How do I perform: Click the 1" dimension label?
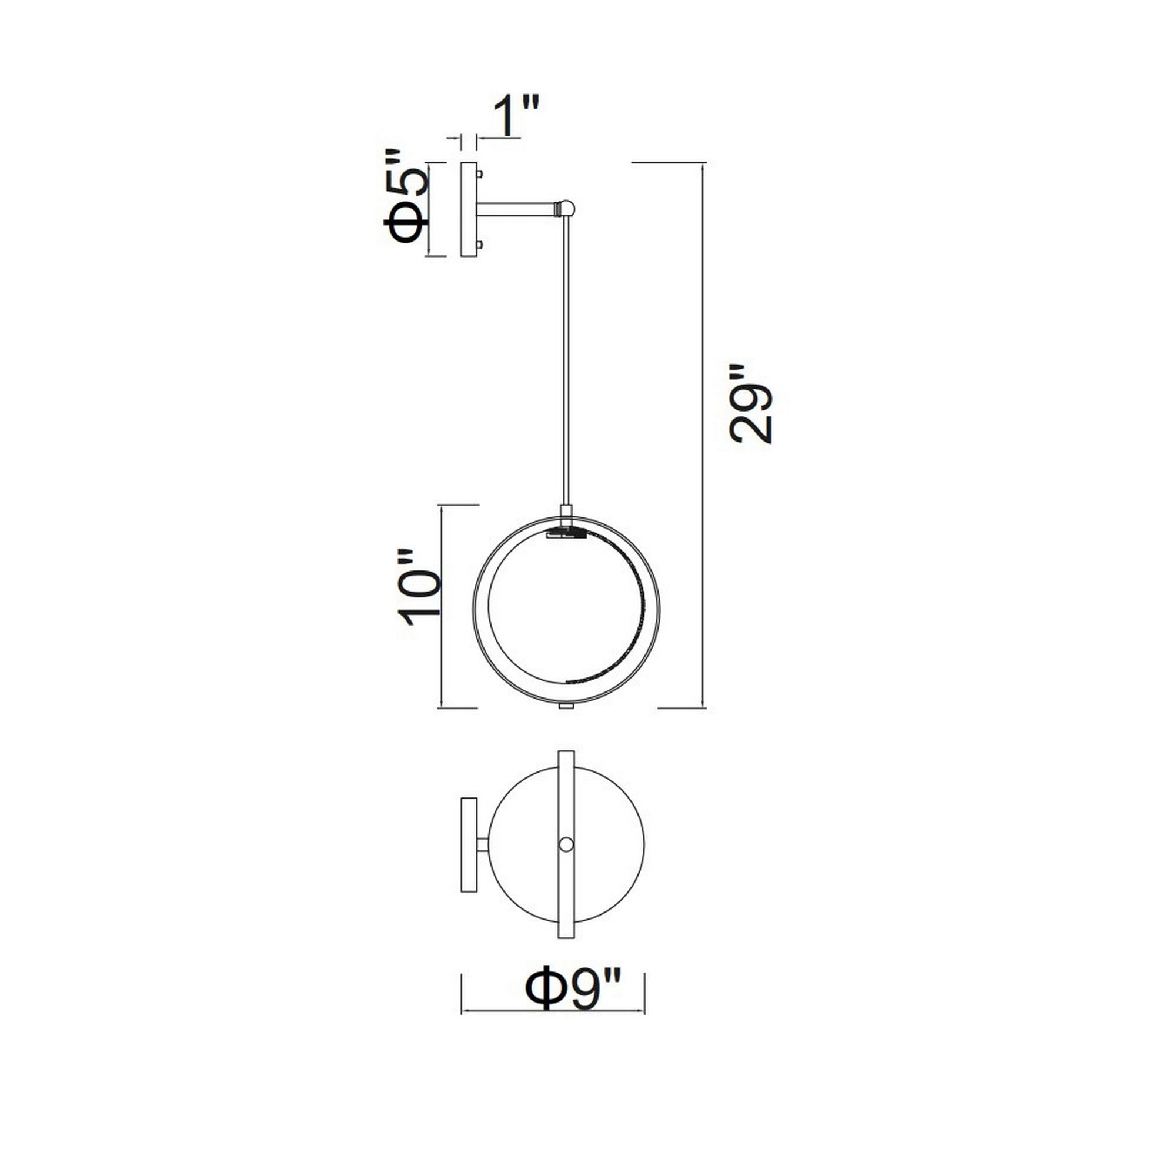pos(516,116)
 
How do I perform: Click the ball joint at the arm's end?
pos(567,208)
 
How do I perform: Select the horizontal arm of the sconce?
pos(517,209)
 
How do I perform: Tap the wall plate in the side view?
pos(469,209)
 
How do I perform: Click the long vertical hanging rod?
pos(566,359)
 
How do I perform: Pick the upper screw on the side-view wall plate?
pos(481,174)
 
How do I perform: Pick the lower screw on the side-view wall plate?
pos(481,245)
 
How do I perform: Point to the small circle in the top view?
pos(566,844)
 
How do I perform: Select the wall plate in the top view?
pos(469,844)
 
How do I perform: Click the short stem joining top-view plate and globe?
pos(483,844)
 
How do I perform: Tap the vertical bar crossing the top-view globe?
pos(566,791)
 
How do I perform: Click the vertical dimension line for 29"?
pos(704,435)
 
